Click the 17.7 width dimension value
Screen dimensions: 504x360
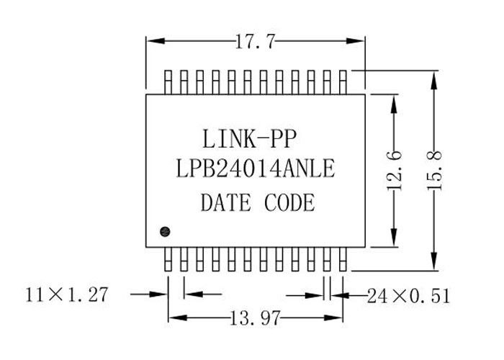click(256, 42)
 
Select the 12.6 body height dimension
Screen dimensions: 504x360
click(394, 171)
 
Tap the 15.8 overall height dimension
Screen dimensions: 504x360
click(435, 171)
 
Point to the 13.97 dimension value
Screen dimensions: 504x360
click(255, 318)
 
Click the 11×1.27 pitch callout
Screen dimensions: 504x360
click(67, 294)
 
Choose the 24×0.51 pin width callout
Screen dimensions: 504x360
click(408, 296)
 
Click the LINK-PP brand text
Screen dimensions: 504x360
click(249, 139)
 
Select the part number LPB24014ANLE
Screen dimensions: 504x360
click(256, 168)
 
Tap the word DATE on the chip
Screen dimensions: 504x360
click(225, 202)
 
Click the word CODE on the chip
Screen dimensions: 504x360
click(289, 202)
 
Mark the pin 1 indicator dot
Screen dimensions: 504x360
click(165, 231)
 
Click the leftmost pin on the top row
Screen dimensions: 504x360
click(168, 82)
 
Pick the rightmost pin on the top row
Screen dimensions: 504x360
click(343, 82)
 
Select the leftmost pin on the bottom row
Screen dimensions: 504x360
click(168, 259)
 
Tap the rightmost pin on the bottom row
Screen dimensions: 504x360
click(343, 259)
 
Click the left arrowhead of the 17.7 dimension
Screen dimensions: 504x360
click(156, 41)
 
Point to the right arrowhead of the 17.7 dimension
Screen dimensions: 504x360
click(356, 41)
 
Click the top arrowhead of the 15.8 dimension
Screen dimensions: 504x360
click(434, 80)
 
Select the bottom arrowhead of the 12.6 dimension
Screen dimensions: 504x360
click(394, 238)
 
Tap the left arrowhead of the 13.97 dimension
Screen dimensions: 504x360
click(178, 318)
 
